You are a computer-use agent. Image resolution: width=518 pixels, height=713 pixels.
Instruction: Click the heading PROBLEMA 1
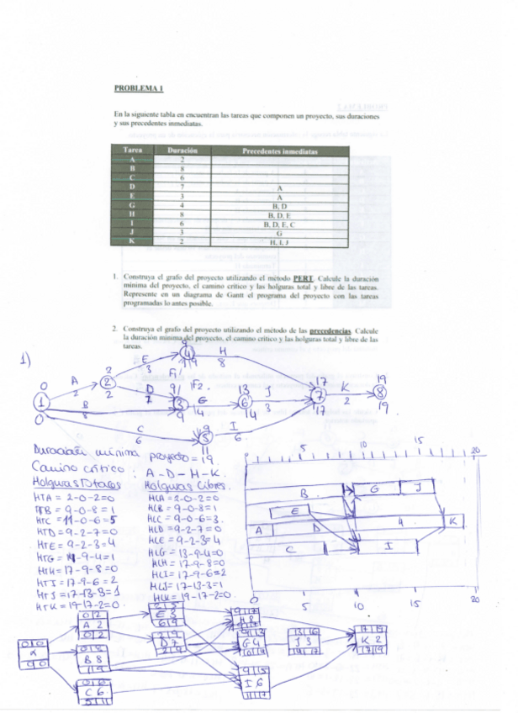pyautogui.click(x=138, y=87)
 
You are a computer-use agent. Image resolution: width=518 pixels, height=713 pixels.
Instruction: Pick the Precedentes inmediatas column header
pyautogui.click(x=279, y=151)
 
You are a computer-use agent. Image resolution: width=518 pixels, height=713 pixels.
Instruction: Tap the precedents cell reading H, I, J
pyautogui.click(x=279, y=241)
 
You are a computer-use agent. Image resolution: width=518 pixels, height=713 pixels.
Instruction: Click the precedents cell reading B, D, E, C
pyautogui.click(x=279, y=224)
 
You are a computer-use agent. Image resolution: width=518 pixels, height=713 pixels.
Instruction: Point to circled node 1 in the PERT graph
pyautogui.click(x=41, y=403)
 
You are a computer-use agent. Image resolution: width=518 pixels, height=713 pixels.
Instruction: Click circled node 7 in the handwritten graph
pyautogui.click(x=319, y=393)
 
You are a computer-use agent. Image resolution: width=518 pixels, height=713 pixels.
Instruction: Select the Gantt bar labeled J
pyautogui.click(x=415, y=489)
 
